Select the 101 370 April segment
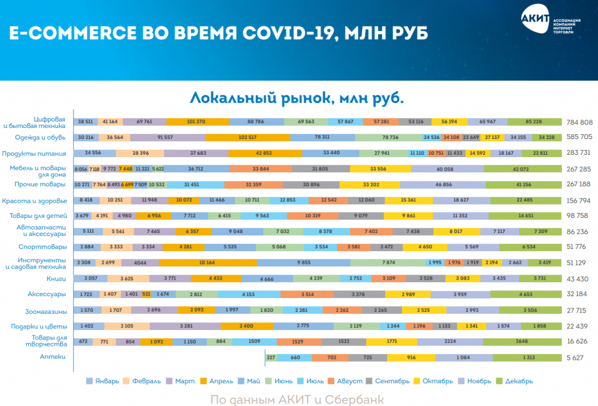pyautogui.click(x=197, y=122)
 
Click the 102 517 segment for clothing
pyautogui.click(x=247, y=138)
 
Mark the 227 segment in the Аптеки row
pyautogui.click(x=271, y=357)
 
